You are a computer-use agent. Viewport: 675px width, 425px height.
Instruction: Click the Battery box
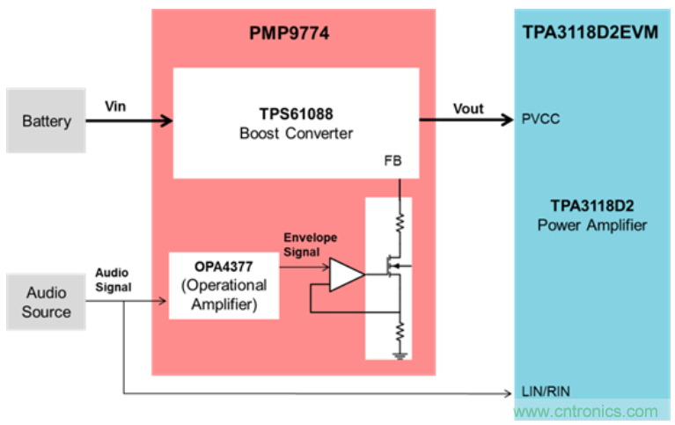pyautogui.click(x=47, y=121)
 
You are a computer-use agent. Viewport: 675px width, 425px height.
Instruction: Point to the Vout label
pyautogui.click(x=468, y=108)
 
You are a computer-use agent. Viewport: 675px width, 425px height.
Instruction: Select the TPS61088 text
pyautogui.click(x=295, y=114)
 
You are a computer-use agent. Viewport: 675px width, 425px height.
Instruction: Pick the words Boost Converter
pyautogui.click(x=295, y=134)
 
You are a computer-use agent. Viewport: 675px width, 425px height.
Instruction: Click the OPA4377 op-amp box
pyautogui.click(x=224, y=285)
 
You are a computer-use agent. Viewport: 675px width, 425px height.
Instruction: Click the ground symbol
pyautogui.click(x=400, y=355)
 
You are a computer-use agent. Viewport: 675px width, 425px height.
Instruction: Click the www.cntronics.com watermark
pyautogui.click(x=585, y=411)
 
